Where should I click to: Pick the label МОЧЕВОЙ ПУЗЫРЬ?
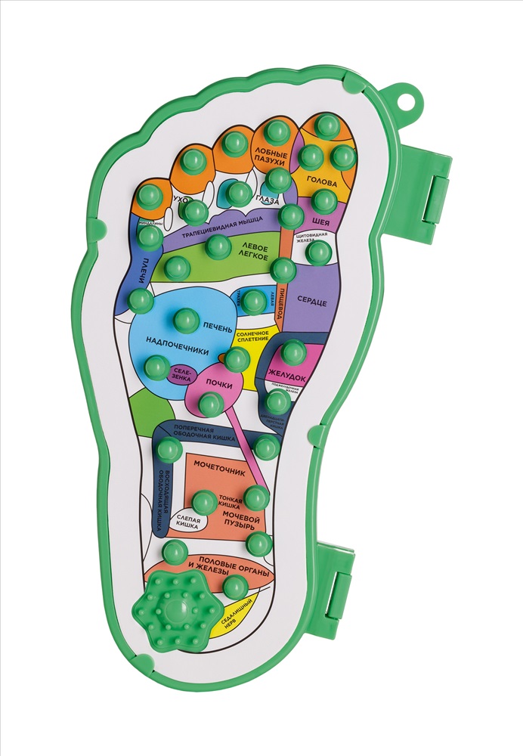[243, 522]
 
